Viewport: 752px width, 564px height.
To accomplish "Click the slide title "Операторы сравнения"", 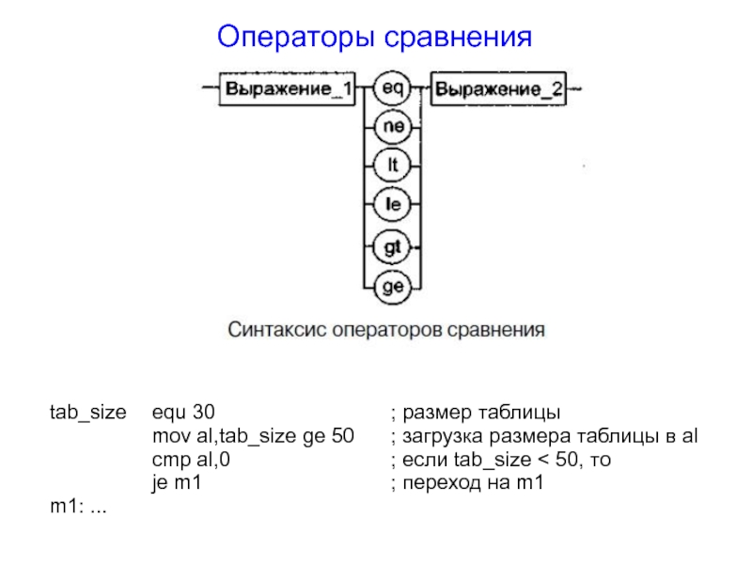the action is tap(374, 38).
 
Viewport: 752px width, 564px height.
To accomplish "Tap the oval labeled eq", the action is tap(392, 88).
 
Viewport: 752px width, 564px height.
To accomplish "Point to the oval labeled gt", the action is tap(392, 245).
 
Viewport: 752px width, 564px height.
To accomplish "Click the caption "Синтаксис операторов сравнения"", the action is tap(386, 331).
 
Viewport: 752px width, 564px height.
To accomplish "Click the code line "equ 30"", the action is tap(183, 413).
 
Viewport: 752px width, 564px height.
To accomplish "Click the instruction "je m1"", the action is tap(178, 484).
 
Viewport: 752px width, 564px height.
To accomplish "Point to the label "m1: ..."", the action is tap(80, 508).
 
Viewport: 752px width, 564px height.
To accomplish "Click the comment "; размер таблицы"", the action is tap(475, 413).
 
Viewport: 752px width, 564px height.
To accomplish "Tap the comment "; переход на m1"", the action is tap(466, 484).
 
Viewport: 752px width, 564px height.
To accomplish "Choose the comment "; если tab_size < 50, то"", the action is tap(505, 461).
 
